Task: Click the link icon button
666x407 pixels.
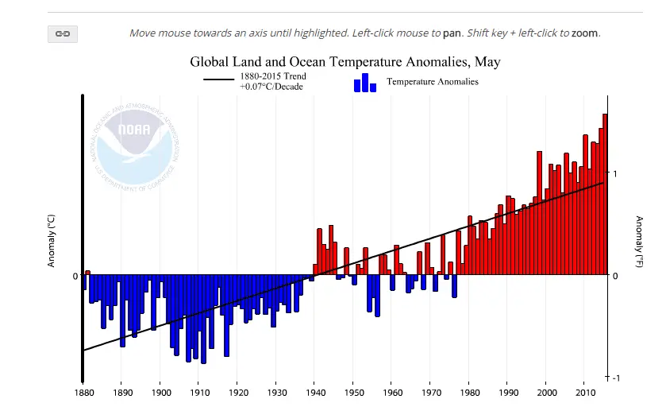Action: (63, 33)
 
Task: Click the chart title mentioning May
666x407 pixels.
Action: (345, 61)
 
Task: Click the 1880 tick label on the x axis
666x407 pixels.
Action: (83, 392)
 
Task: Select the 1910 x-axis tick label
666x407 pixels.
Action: (199, 392)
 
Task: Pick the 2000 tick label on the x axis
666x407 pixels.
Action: (546, 392)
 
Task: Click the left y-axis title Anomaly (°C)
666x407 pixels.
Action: (52, 242)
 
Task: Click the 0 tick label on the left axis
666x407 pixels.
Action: (75, 276)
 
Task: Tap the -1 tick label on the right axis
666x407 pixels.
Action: (615, 378)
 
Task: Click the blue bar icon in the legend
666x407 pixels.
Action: (364, 83)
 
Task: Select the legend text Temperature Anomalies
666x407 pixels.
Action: (432, 81)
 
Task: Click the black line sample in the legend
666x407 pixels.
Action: (219, 79)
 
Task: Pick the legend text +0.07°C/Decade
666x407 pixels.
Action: (272, 86)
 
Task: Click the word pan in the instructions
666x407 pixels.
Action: (452, 33)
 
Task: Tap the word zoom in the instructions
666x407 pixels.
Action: (585, 33)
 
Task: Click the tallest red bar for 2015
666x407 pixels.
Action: (605, 194)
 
